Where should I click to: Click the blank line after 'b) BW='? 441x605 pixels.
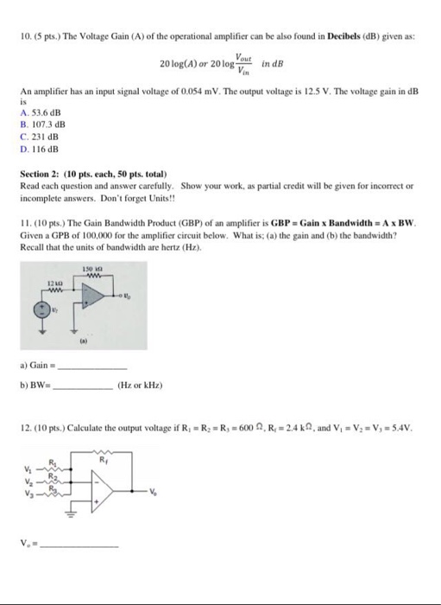86,385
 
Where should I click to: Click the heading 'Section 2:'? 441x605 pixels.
41,175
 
